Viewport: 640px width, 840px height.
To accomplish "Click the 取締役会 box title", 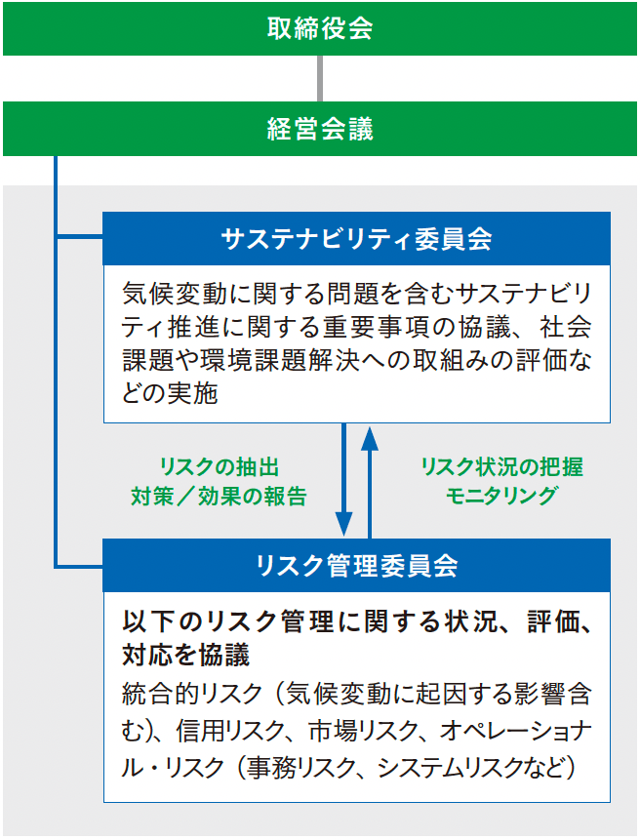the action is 320,28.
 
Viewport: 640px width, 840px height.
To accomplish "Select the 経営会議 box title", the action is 320,129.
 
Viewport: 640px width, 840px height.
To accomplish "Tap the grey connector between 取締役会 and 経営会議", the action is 320,79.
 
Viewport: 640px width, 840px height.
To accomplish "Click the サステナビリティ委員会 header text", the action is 356,239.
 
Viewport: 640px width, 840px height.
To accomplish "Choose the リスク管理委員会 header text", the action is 356,566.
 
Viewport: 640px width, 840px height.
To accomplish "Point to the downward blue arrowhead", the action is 343,523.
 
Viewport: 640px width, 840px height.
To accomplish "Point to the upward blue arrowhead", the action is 370,438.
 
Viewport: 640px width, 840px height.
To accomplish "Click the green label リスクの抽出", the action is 220,467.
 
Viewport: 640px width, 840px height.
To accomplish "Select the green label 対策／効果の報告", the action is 220,497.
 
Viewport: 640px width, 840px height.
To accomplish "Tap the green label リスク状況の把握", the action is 501,467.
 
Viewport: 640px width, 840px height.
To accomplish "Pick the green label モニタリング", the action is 501,496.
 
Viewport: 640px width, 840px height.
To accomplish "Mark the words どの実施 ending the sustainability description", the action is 170,394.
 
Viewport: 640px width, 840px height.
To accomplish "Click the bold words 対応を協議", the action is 185,656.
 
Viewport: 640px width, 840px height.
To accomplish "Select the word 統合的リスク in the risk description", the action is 192,695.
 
